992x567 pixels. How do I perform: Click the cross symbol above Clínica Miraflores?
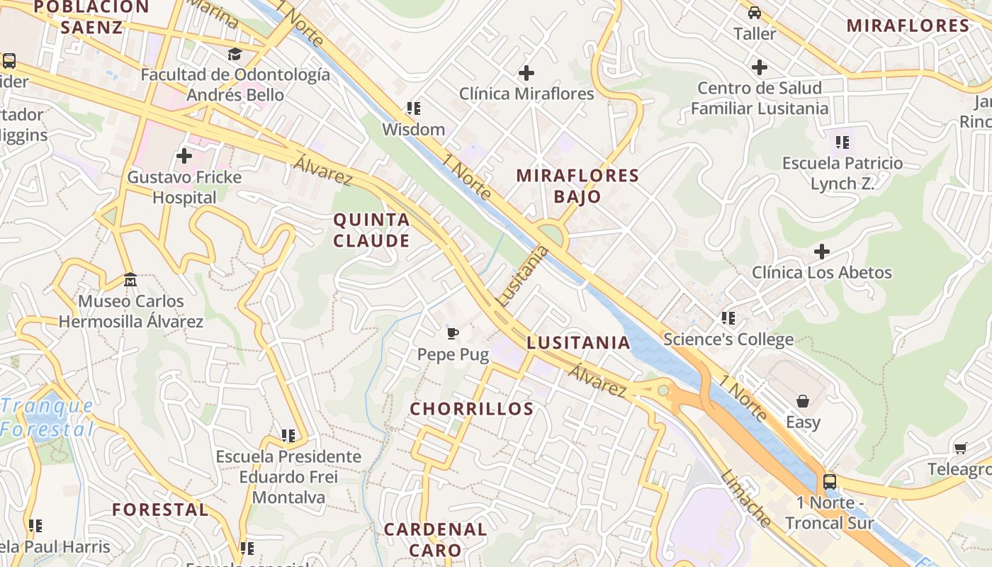coord(526,72)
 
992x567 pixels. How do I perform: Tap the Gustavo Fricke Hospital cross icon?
coord(184,155)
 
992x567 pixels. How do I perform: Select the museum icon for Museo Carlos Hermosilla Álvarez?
coord(130,280)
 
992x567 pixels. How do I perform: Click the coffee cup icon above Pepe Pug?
coord(453,332)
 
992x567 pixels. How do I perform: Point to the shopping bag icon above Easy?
coord(803,401)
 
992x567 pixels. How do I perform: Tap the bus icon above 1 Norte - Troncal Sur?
coord(829,482)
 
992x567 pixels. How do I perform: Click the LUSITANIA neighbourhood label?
coord(578,343)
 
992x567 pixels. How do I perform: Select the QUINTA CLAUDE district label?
coord(371,230)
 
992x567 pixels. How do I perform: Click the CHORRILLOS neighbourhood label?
coord(471,409)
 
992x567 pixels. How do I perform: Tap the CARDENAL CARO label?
coord(435,539)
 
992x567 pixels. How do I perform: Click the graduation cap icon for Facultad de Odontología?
coord(234,54)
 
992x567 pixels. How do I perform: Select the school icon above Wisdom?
coord(413,108)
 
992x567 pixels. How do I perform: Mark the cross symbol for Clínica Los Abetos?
coord(822,252)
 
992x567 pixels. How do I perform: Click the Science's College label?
coord(728,339)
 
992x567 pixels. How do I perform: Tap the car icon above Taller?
coord(755,13)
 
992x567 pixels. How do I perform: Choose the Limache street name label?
coord(745,498)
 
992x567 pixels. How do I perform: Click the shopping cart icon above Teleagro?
coord(960,448)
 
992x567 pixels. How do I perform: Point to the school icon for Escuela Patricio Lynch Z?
coord(842,142)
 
